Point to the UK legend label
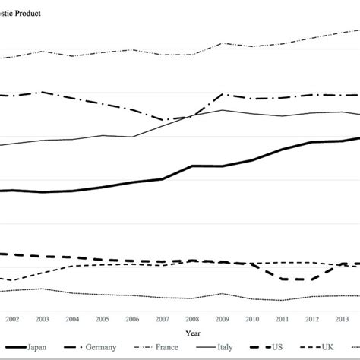(x=327, y=347)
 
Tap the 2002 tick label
(x=13, y=319)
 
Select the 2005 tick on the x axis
(x=102, y=319)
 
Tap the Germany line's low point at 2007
(x=163, y=120)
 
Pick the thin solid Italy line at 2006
(x=132, y=137)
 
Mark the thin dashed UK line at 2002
(x=13, y=280)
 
